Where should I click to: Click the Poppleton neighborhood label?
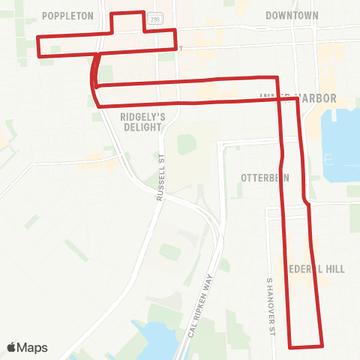(x=67, y=15)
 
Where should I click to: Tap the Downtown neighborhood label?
(x=292, y=15)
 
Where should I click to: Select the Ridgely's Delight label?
(x=140, y=121)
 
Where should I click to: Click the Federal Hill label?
(x=304, y=268)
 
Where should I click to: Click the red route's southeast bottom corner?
(x=322, y=346)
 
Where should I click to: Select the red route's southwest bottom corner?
(x=291, y=347)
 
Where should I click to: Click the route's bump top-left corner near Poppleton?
(x=112, y=13)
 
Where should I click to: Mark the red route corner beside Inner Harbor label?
(x=298, y=98)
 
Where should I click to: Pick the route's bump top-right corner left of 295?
(x=143, y=13)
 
